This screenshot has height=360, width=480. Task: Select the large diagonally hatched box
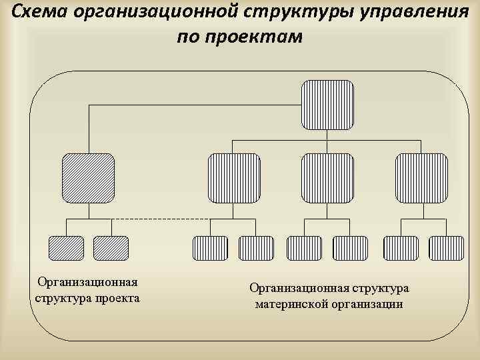point(88,177)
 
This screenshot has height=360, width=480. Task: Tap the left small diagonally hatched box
point(66,248)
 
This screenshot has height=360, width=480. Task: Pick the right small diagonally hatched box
point(111,248)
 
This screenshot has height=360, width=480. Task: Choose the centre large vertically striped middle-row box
point(327,177)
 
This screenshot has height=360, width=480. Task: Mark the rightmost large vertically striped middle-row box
point(421,177)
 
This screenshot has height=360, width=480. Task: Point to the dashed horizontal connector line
point(160,219)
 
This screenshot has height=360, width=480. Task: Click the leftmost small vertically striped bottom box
point(210,248)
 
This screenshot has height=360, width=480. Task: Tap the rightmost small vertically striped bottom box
point(446,248)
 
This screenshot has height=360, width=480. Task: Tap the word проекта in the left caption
point(117,297)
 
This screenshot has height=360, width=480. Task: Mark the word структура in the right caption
point(381,288)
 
